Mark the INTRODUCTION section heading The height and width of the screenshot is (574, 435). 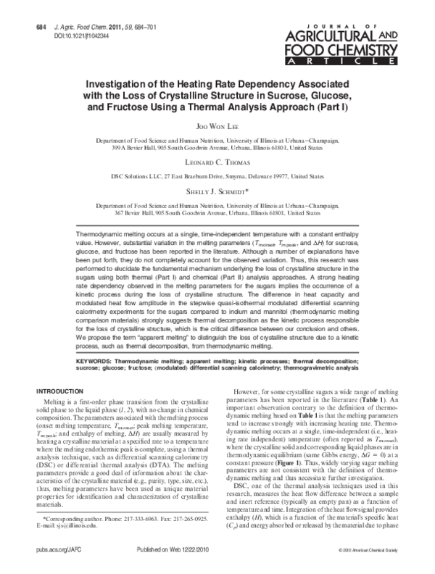(66, 391)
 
